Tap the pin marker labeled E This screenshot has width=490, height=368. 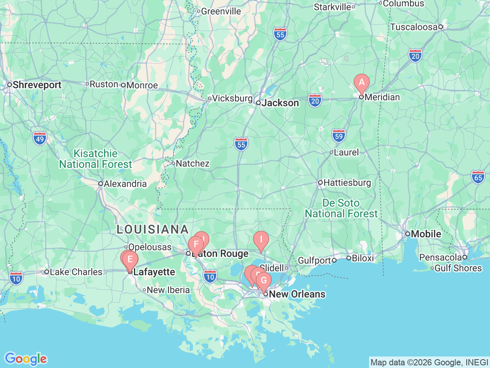130,260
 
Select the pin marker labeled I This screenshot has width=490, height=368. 261,240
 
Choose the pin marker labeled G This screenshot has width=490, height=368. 264,281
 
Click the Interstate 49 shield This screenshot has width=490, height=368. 40,138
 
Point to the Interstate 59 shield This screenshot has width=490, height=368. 338,136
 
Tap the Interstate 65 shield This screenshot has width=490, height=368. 478,177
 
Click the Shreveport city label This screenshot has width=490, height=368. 37,85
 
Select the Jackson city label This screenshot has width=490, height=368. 280,103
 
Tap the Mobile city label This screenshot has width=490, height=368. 426,234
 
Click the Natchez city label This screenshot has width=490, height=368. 193,164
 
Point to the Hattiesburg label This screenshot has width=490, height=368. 347,183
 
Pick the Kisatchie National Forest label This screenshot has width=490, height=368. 95,159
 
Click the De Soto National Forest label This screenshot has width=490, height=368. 341,208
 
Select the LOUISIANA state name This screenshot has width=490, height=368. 153,230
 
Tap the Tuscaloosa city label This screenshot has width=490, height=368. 413,27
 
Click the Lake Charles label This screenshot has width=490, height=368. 76,272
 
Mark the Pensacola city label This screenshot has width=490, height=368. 441,257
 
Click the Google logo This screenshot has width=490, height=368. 26,359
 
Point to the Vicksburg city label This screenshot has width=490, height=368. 232,99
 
